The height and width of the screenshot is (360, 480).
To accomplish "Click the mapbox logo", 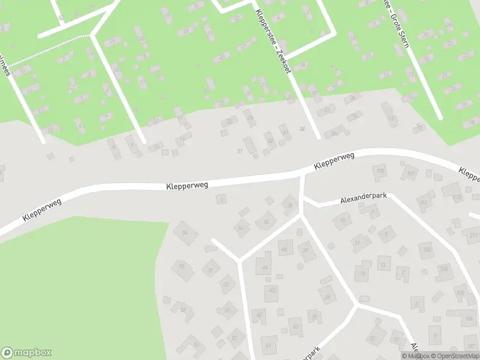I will pos(26,353).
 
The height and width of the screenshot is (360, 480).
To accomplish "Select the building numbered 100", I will pos(379,172).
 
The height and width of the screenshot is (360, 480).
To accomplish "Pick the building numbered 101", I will pos(410,174).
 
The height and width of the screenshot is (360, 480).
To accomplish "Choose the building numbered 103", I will pos(427,249).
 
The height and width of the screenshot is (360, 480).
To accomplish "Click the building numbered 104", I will pos(445,268).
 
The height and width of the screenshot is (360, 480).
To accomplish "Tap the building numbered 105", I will pos(460,293).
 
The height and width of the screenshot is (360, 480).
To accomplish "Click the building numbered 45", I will pos(284,250).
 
